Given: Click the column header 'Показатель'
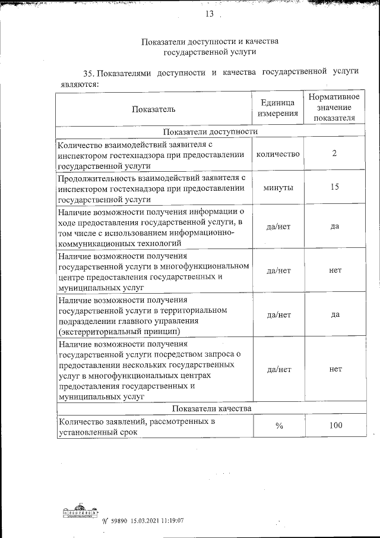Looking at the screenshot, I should click(x=154, y=109).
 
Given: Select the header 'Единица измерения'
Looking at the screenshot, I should click(x=277, y=109).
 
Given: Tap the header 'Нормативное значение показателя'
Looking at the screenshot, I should click(x=334, y=107).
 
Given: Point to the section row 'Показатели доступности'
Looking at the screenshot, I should click(x=211, y=132).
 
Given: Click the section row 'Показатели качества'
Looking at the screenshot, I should click(x=211, y=408).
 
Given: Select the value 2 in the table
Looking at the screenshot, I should click(x=335, y=154).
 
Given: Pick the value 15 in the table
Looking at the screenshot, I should click(x=335, y=187).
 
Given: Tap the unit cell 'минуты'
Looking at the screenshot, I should click(x=277, y=187).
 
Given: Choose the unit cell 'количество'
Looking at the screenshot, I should click(x=277, y=154).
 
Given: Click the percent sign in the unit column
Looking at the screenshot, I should click(x=277, y=426).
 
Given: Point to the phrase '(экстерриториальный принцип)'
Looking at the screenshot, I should click(x=119, y=332).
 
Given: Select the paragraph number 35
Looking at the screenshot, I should click(x=89, y=74).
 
